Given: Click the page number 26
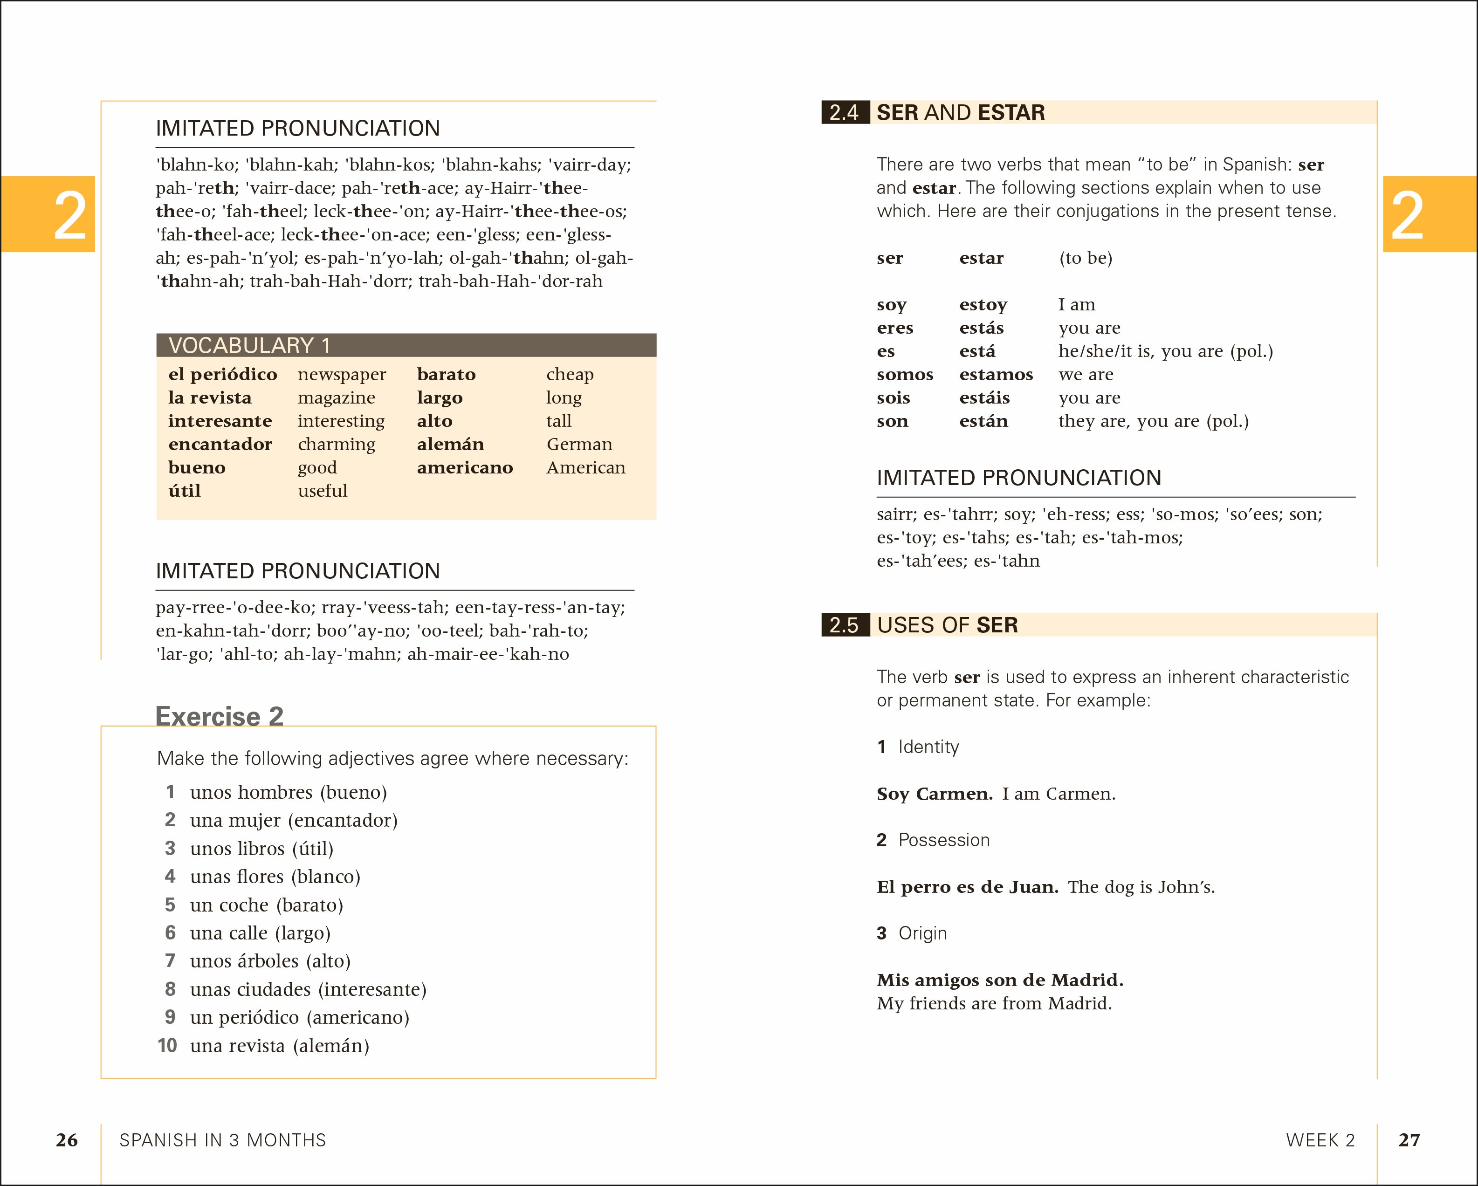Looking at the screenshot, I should (67, 1140).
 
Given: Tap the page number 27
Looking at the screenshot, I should (1409, 1140).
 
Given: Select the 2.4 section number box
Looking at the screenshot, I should (845, 112).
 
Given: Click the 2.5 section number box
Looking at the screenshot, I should (845, 625).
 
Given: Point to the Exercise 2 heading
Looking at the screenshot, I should (220, 716).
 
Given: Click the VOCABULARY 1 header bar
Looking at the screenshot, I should (406, 345).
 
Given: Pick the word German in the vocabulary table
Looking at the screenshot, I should (579, 444).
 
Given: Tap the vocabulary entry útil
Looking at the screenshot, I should (185, 491).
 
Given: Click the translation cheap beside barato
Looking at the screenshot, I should (570, 374).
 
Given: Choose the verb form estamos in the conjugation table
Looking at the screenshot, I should (996, 374).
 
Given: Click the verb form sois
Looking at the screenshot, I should (893, 398).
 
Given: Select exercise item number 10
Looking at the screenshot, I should (167, 1045).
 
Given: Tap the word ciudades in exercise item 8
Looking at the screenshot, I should (274, 989).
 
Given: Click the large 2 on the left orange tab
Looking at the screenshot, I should (69, 215).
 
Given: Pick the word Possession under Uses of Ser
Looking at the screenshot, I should (944, 841).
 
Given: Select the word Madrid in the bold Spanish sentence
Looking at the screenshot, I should (1086, 980).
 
